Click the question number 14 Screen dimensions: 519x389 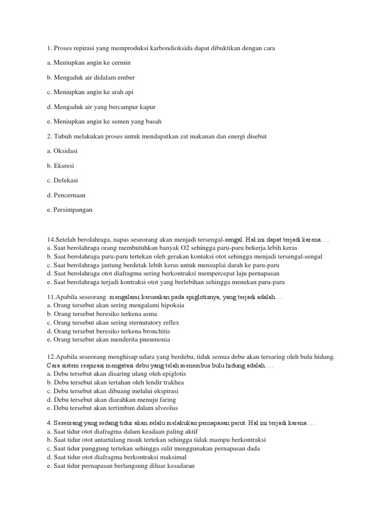(x=50, y=239)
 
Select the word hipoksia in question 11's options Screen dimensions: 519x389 (x=172, y=306)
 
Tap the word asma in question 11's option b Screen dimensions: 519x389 (x=148, y=314)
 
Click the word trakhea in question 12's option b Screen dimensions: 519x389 (x=173, y=382)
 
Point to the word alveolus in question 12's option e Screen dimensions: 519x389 (x=165, y=407)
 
